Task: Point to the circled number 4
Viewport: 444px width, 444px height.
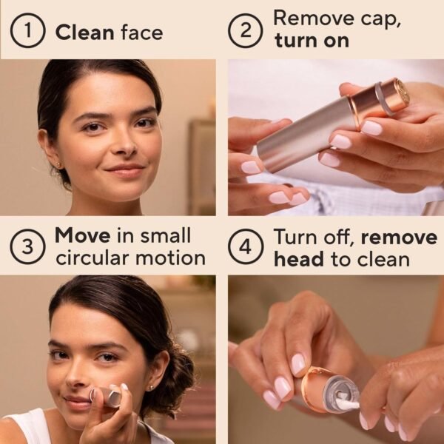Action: pyautogui.click(x=245, y=246)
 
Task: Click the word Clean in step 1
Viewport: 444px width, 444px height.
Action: pyautogui.click(x=83, y=33)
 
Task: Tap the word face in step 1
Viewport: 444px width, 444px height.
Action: pyautogui.click(x=140, y=33)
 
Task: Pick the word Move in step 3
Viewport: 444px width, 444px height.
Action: pyautogui.click(x=82, y=236)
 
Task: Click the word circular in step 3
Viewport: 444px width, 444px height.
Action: pyautogui.click(x=97, y=258)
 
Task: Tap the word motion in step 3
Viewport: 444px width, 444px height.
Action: pyautogui.click(x=175, y=258)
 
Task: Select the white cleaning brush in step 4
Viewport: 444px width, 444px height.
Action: pyautogui.click(x=347, y=403)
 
